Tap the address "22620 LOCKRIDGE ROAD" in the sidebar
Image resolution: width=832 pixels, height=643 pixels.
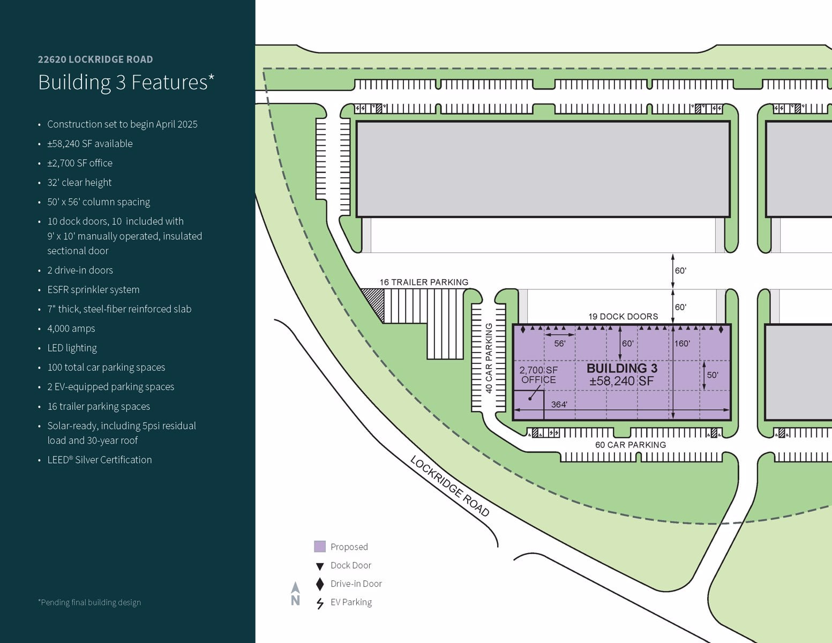95,59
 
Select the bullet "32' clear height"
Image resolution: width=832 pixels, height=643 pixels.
79,183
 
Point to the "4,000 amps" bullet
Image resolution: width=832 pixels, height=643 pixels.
71,328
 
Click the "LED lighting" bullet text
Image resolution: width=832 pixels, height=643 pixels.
72,348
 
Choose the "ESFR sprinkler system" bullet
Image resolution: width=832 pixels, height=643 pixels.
93,290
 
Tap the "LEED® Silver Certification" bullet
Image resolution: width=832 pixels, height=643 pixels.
99,460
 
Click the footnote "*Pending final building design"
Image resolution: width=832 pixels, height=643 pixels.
89,602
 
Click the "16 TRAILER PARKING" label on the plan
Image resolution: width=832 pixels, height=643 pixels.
424,282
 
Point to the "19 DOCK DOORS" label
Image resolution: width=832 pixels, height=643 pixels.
623,317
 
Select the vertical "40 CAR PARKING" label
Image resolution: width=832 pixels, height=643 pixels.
489,358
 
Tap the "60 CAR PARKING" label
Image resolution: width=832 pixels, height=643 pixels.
631,445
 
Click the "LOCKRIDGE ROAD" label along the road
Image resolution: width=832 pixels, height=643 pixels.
450,486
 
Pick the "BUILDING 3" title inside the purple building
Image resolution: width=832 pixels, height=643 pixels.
621,368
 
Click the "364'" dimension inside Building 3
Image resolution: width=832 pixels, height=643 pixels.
559,405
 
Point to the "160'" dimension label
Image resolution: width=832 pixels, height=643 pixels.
682,343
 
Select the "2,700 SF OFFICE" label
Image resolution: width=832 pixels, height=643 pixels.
538,375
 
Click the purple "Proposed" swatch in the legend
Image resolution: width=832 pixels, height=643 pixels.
320,547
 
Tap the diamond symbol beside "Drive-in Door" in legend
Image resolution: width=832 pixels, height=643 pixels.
320,584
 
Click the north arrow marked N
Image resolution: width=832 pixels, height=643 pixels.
295,594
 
